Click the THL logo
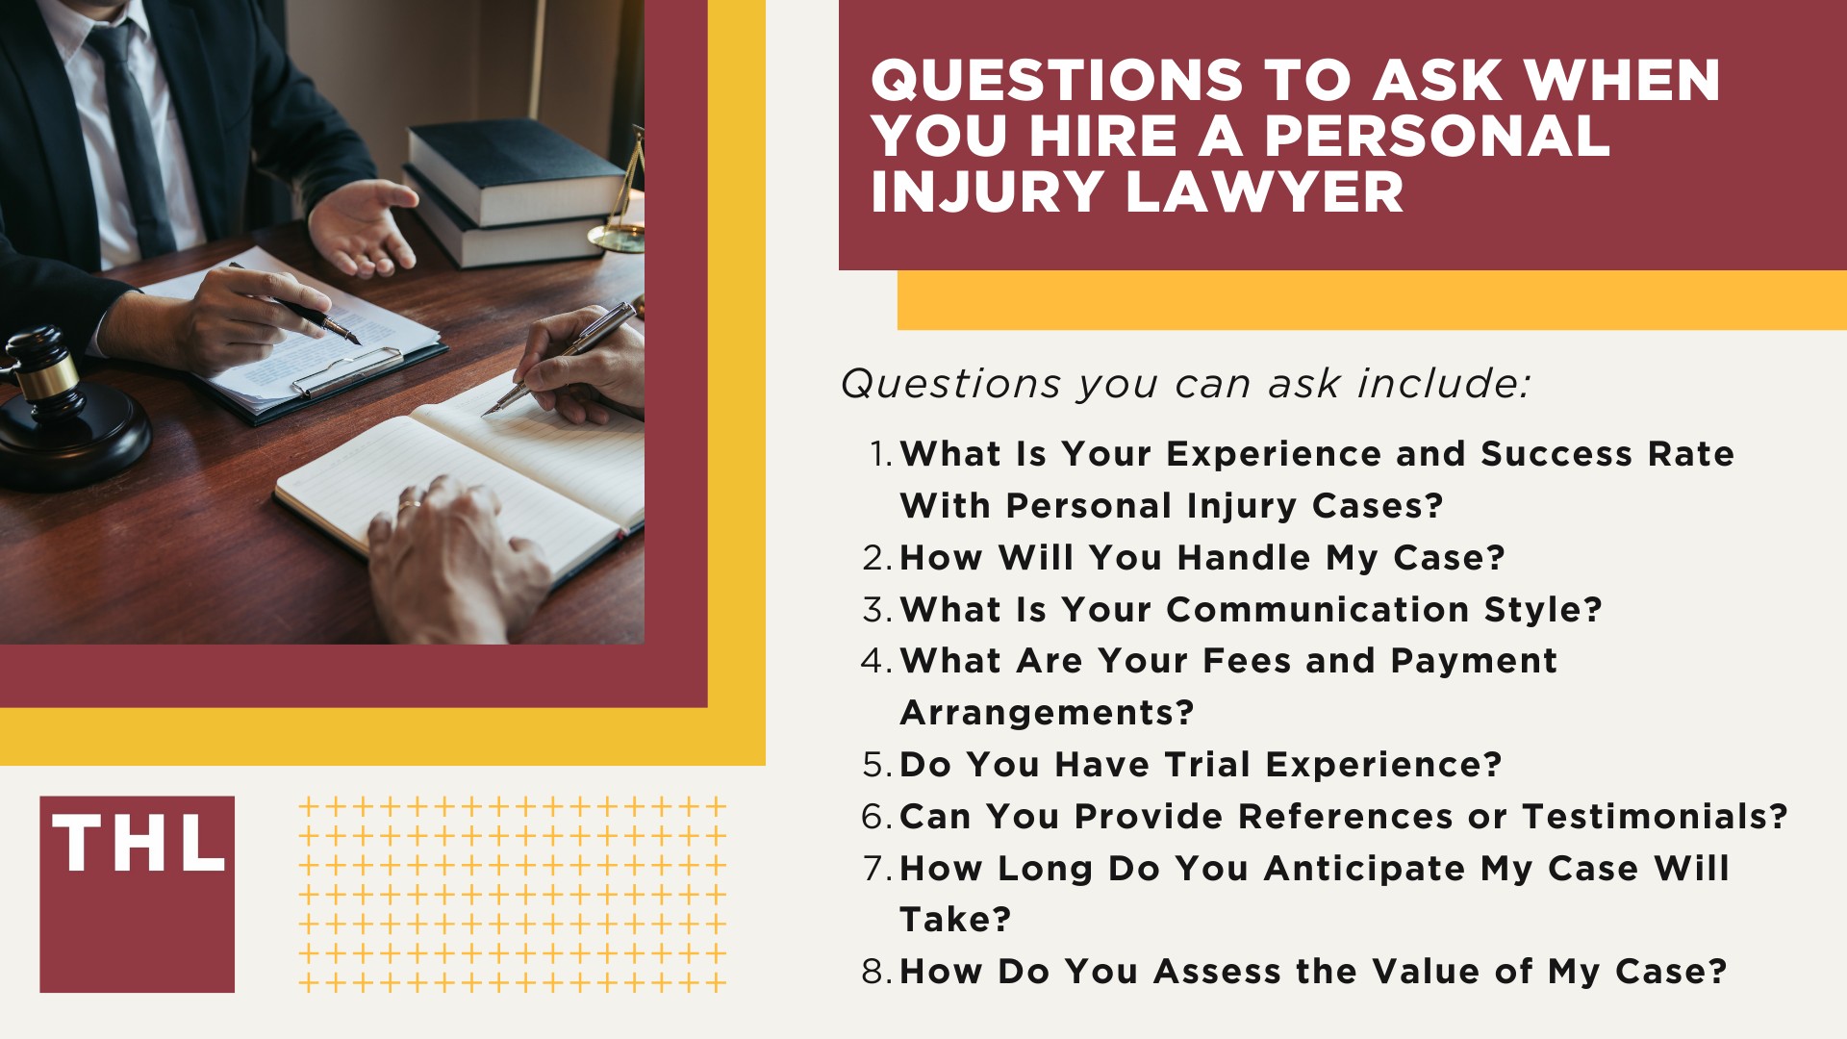coord(137,893)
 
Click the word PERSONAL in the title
coord(1436,136)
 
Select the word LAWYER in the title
coord(1264,191)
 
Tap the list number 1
coord(879,454)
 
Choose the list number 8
coord(875,972)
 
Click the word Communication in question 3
coord(1318,610)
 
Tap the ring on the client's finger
coord(410,504)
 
